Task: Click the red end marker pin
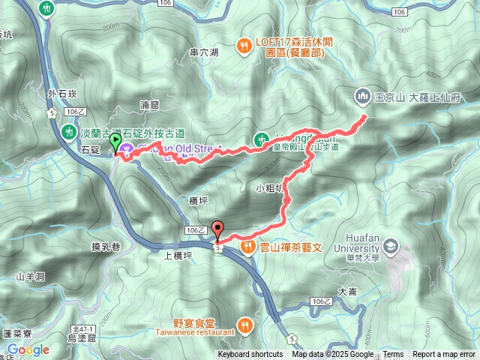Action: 218,229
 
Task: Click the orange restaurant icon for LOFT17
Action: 244,46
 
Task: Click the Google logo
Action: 29,349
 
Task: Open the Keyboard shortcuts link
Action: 250,355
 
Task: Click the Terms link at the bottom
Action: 393,355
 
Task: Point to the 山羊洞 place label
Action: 31,277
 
